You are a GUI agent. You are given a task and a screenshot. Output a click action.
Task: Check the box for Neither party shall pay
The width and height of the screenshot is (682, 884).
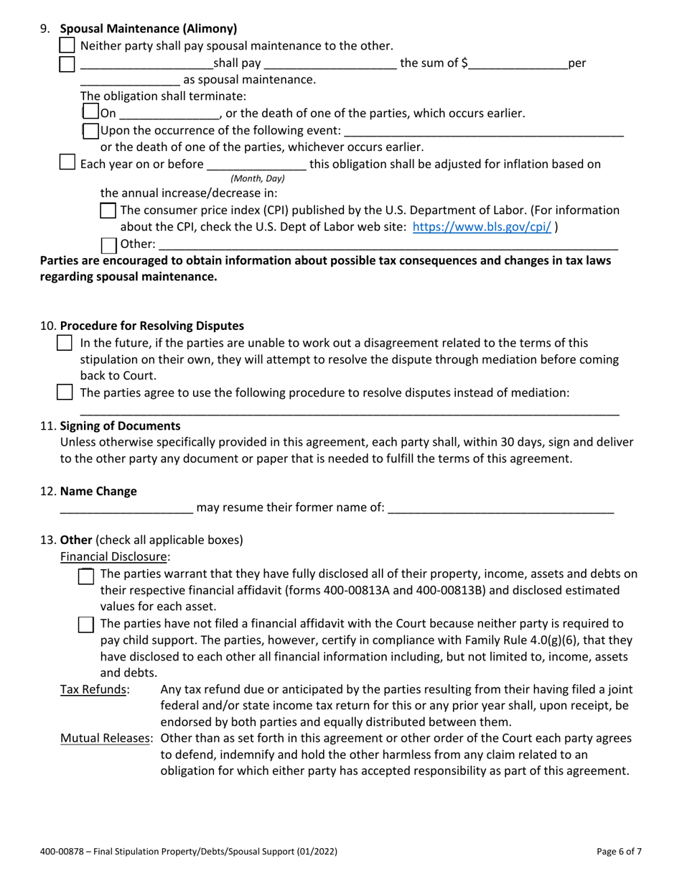point(67,45)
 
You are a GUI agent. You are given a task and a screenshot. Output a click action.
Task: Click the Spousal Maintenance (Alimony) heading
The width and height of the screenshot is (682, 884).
point(149,29)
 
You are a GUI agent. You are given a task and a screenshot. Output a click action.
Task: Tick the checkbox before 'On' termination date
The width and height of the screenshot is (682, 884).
point(90,113)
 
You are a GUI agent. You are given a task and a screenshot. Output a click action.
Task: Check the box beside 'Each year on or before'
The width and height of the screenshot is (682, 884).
point(67,163)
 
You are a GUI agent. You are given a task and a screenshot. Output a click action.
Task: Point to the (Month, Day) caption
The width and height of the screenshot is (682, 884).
point(257,178)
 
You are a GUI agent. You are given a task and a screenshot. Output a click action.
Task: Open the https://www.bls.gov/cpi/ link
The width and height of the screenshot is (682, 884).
point(482,226)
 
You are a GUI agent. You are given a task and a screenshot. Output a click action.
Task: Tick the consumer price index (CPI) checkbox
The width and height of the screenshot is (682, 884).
point(108,211)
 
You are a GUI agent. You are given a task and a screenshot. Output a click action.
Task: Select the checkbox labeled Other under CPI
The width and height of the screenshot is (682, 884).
point(109,245)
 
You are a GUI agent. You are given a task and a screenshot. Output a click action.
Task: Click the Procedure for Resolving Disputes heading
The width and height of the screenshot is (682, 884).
point(151,326)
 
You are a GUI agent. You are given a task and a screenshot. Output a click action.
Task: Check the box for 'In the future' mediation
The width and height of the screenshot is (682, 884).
point(65,343)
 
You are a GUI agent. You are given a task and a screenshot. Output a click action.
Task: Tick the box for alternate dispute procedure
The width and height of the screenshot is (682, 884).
point(65,392)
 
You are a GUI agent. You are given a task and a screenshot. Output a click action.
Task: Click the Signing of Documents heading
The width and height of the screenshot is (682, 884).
point(121,425)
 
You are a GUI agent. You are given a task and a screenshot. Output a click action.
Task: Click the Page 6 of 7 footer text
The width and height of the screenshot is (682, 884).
point(619,852)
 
